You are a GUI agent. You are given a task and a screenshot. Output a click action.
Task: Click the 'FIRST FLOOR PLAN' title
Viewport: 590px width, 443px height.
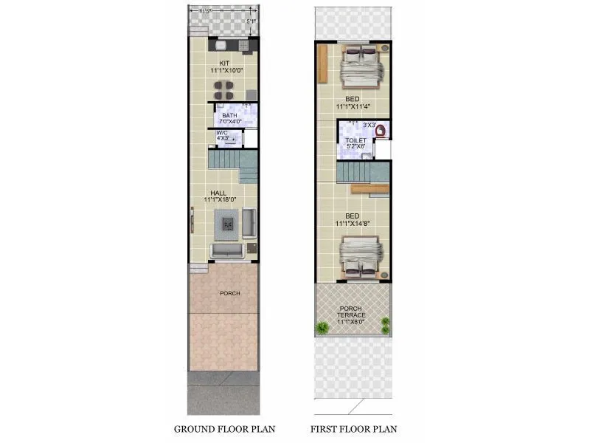[353, 429]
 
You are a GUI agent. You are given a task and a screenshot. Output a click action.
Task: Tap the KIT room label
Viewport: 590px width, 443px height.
[224, 63]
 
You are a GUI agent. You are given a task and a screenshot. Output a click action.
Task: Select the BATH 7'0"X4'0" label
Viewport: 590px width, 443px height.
[229, 118]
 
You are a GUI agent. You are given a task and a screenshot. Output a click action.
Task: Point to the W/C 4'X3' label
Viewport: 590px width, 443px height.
[223, 136]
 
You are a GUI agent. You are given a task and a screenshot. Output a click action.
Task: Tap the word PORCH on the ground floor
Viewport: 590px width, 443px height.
[230, 293]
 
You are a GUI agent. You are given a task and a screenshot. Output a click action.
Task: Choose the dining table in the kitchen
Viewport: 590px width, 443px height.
[223, 90]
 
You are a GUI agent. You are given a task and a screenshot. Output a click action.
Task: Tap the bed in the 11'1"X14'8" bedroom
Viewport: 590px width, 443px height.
[360, 257]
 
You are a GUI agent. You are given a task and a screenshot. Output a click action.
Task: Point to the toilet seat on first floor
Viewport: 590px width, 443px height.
[381, 131]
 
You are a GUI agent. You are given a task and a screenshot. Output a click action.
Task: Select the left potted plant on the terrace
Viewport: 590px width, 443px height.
[322, 327]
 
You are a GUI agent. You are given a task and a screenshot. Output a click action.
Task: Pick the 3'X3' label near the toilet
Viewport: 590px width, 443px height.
[369, 125]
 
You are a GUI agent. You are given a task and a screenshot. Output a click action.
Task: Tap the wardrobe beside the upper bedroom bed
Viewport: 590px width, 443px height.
[322, 64]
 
